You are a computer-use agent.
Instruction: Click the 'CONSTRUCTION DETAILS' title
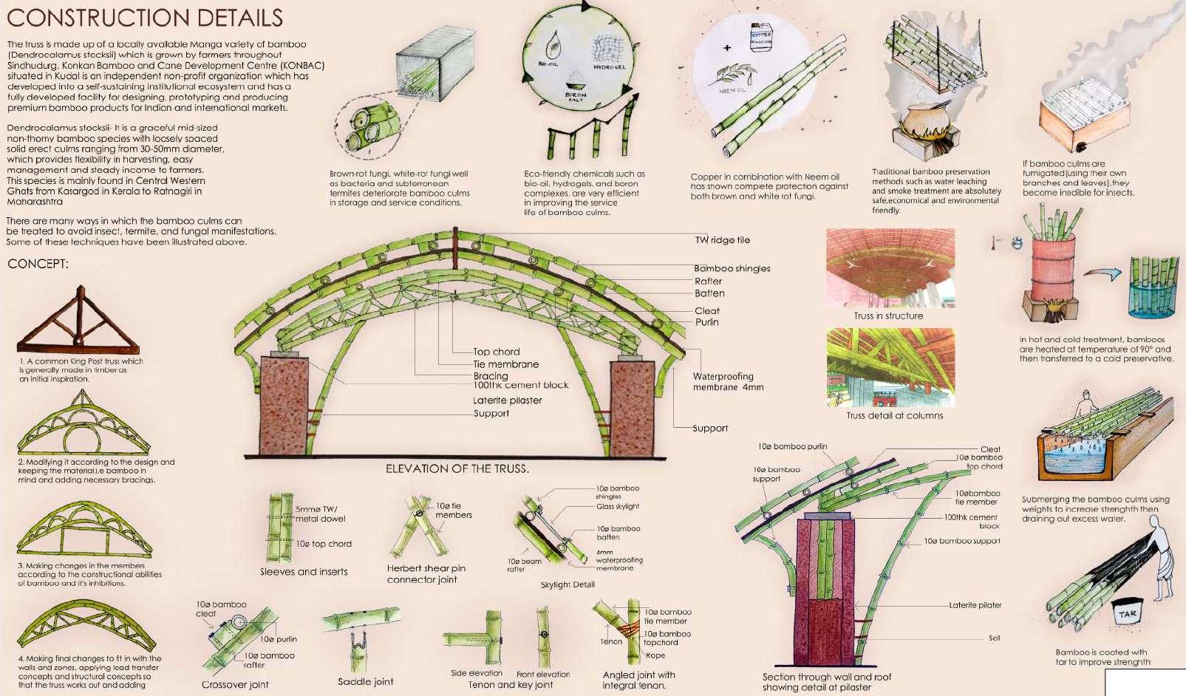[144, 18]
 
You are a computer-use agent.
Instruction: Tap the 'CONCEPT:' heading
[38, 264]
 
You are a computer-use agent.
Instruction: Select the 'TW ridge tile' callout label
[722, 240]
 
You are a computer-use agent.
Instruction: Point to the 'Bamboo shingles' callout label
[732, 269]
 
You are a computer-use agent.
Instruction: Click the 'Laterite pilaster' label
[507, 400]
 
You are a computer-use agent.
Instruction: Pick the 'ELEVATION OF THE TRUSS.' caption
[457, 469]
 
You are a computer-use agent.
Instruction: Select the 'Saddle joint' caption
[365, 681]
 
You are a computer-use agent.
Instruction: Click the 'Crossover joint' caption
[235, 685]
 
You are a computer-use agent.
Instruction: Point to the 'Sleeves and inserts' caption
[303, 571]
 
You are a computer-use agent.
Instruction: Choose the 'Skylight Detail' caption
[568, 584]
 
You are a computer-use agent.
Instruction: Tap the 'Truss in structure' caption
[888, 315]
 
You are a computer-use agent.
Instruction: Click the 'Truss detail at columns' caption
[894, 415]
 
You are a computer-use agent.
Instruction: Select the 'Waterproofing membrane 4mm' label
[727, 381]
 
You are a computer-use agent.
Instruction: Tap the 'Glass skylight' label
[618, 506]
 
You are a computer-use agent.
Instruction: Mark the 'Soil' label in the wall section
[994, 638]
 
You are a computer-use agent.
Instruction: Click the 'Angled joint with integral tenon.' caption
[638, 680]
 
